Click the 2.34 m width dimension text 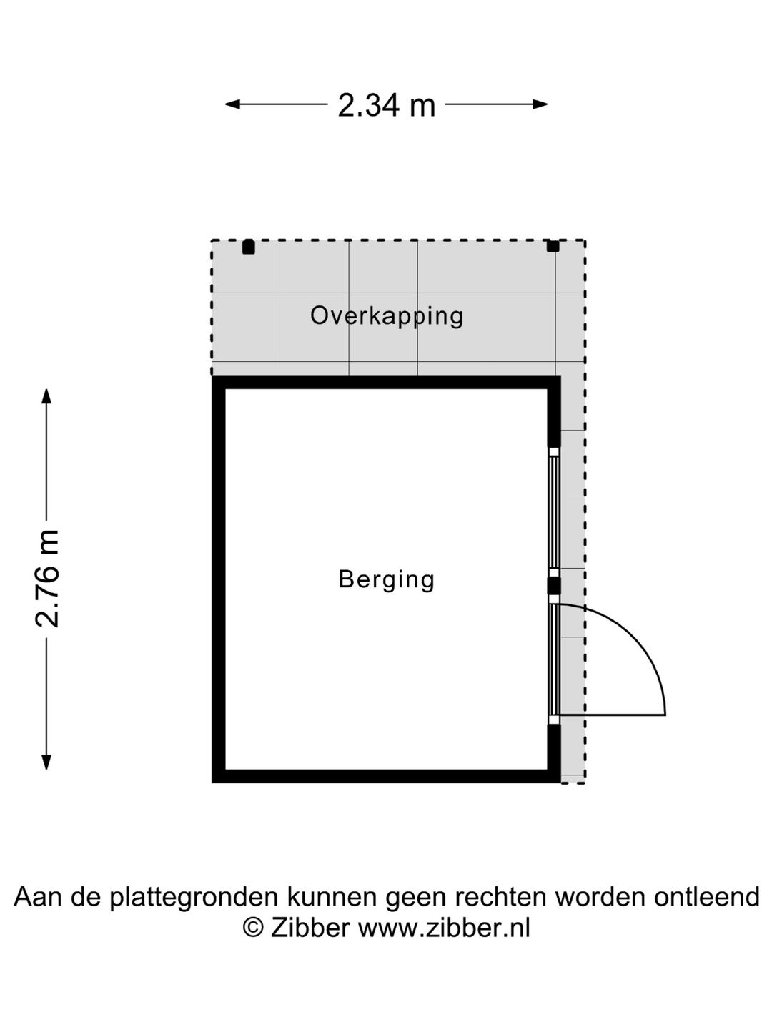[386, 105]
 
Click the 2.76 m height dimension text [47, 579]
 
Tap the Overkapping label [387, 315]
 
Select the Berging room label [387, 579]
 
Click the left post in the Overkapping [248, 247]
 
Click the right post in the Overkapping [553, 246]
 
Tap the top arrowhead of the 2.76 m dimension [47, 396]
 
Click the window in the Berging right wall [553, 511]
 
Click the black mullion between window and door [554, 587]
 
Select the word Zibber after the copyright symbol [310, 928]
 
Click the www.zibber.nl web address [444, 928]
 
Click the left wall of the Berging [219, 579]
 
